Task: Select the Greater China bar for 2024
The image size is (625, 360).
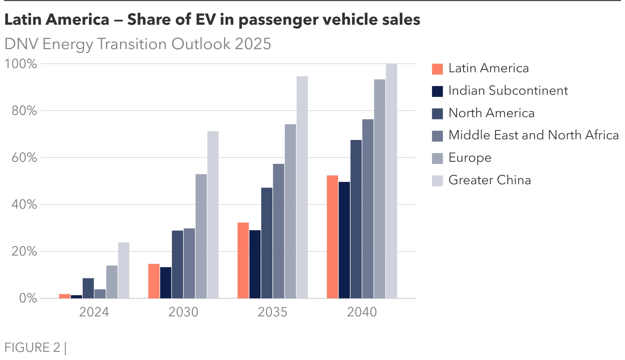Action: click(124, 270)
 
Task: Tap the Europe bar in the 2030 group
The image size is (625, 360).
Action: click(201, 236)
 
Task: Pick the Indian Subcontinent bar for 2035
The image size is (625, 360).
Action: click(255, 264)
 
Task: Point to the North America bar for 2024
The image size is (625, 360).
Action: click(88, 288)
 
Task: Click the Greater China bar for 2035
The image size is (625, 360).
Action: click(302, 187)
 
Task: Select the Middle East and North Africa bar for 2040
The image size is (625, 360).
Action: click(368, 209)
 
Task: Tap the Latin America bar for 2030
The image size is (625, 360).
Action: click(154, 281)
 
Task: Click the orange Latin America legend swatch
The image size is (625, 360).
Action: click(437, 69)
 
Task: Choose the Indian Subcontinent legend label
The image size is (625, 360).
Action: click(508, 91)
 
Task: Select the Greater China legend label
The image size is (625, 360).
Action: click(490, 180)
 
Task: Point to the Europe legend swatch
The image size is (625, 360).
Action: click(437, 159)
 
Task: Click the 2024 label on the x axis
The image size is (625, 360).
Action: click(94, 312)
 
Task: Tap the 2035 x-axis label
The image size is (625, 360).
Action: click(272, 312)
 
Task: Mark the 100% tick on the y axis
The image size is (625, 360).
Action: click(21, 64)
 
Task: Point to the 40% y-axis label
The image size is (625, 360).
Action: click(24, 205)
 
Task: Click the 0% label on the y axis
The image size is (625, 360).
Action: click(28, 298)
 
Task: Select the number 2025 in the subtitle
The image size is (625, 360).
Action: click(253, 44)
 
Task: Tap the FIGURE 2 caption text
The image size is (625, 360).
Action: click(33, 348)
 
